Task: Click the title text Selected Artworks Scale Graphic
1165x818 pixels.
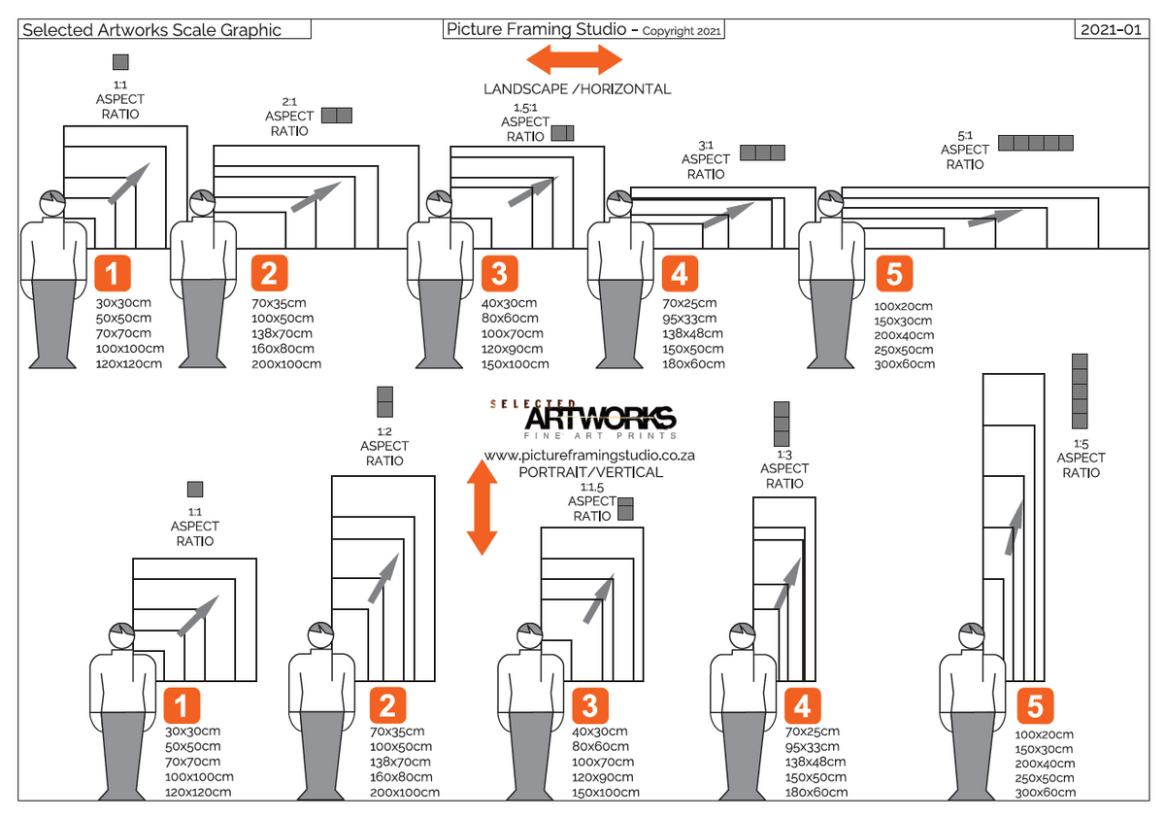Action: [151, 29]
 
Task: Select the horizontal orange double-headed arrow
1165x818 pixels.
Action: [574, 58]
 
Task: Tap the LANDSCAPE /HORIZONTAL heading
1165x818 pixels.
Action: [577, 88]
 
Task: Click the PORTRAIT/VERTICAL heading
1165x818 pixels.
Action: [590, 472]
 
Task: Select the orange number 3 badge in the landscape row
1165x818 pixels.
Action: [498, 273]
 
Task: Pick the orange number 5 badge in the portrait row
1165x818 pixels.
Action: [1035, 705]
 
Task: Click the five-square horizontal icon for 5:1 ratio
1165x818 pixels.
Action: [1036, 143]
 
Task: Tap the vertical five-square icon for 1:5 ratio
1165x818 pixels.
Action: [1080, 392]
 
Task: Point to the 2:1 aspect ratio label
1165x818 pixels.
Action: [289, 116]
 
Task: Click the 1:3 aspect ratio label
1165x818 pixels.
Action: [783, 469]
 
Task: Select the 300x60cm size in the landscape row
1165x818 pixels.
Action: [904, 364]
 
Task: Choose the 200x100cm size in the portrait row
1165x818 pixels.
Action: [403, 793]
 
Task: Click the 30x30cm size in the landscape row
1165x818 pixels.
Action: [123, 302]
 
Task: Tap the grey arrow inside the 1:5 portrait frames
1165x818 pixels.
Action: [1014, 528]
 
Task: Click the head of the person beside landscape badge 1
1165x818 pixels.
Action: [52, 205]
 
